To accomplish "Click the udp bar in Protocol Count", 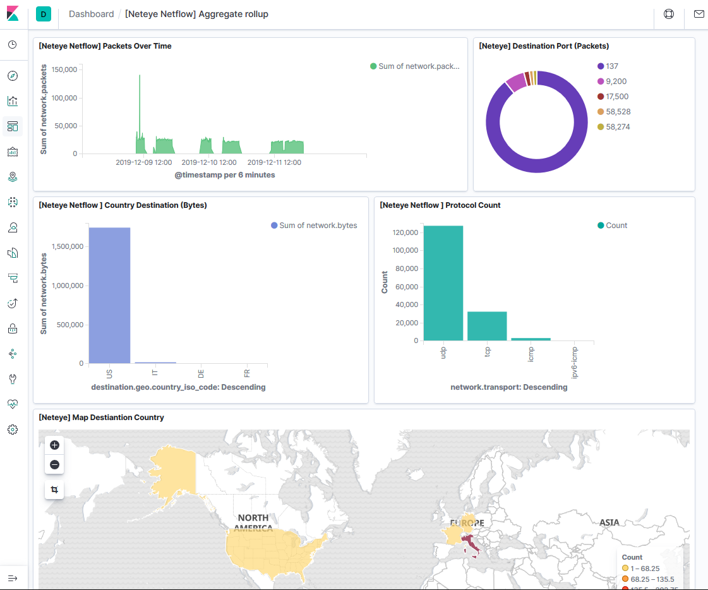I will tap(443, 283).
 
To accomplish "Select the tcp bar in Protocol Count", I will tap(487, 326).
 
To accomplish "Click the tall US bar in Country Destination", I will tap(109, 295).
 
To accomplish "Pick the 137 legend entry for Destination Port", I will tap(611, 66).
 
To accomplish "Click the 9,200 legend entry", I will tap(616, 81).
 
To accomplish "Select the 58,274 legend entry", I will tap(618, 127).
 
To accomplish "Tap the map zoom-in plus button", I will tap(54, 445).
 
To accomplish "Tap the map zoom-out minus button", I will tap(54, 465).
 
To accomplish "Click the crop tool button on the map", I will tap(54, 490).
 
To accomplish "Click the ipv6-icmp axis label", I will tap(574, 362).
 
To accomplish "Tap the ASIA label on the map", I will tap(609, 522).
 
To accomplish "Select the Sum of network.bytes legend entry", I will tap(318, 226).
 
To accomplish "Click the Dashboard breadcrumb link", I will tap(91, 14).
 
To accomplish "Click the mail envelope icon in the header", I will tap(699, 14).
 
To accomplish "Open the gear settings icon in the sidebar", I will tap(13, 430).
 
